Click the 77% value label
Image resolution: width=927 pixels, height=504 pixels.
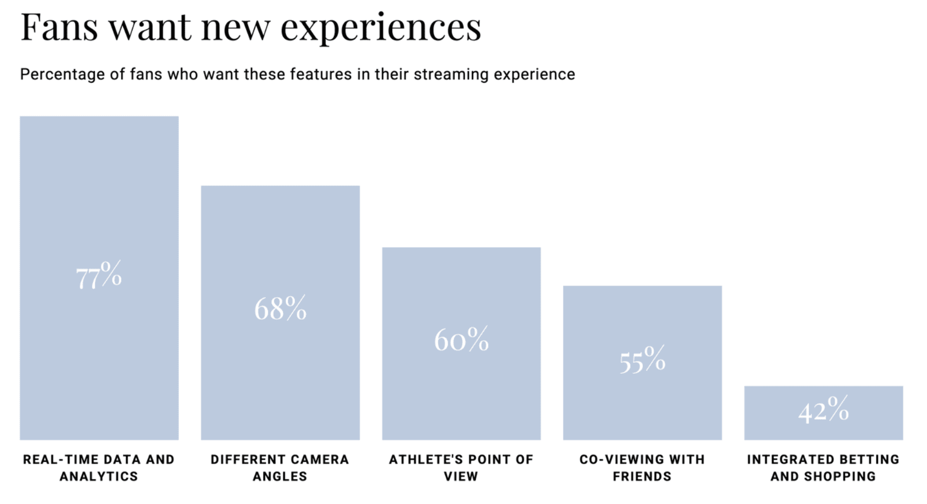pos(99,275)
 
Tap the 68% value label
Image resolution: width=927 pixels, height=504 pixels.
pos(281,308)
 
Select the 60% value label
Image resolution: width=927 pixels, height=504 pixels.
pos(461,339)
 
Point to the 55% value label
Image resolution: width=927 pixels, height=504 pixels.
pos(642,359)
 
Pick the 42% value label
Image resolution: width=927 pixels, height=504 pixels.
pos(824,409)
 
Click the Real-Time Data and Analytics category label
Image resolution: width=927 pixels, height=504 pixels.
pos(99,468)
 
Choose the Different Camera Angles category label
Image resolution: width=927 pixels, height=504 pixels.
pos(280,468)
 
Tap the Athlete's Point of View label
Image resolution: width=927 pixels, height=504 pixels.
pos(461,468)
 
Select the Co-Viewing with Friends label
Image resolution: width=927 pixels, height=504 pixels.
pos(642,468)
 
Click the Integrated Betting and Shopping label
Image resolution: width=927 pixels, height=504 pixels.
pos(823,468)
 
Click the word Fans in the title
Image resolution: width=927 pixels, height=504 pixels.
pos(59,27)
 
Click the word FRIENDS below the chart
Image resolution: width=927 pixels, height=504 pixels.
pos(642,476)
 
